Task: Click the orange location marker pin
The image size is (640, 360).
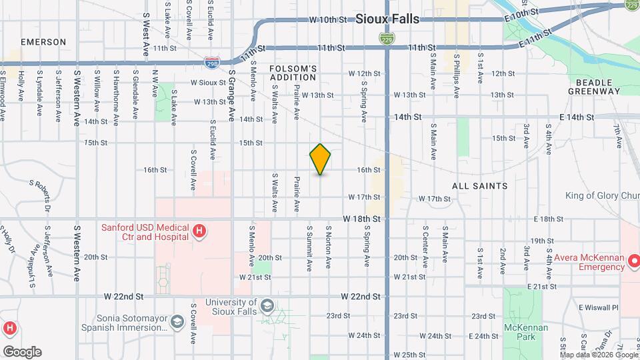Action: pos(321,159)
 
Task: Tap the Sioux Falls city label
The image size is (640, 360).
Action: pos(387,19)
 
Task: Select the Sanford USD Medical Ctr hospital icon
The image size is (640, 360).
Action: pos(198,231)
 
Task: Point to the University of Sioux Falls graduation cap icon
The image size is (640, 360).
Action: pos(267,305)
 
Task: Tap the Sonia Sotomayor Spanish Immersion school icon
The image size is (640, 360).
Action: pos(177,323)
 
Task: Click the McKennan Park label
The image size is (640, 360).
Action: pos(527,332)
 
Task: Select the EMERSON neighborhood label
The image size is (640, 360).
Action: pos(43,42)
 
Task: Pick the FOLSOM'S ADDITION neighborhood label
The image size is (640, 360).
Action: pos(293,73)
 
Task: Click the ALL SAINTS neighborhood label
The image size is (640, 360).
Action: pos(480,186)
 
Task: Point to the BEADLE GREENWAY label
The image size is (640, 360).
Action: pos(595,86)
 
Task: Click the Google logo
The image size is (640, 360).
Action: pos(22,352)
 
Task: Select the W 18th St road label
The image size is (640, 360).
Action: pos(361,219)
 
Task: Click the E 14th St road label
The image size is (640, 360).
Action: pos(577,117)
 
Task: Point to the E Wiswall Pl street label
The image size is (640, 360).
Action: pos(599,307)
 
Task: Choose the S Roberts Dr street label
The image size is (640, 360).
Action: pos(45,192)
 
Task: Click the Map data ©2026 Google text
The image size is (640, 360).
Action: pos(597,354)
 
